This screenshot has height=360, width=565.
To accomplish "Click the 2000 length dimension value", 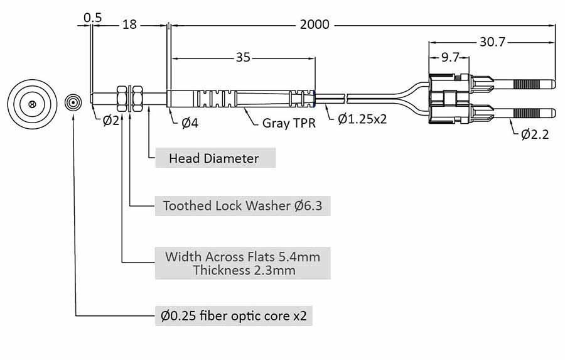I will pos(315,25).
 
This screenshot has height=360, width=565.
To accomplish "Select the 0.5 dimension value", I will pos(92,17).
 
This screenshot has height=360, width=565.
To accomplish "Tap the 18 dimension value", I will pos(129,25).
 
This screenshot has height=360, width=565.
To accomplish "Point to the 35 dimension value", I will pos(243,58).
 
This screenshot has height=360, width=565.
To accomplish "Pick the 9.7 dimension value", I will pos(449,58).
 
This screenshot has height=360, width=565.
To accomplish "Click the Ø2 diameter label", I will pos(110,121).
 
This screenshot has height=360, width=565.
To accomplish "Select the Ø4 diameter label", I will pos(190,123).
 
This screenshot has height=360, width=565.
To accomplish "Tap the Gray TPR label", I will pos(289,123).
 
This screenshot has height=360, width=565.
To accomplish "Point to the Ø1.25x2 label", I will pos(362,118).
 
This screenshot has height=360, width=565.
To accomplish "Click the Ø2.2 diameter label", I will pos(535,133).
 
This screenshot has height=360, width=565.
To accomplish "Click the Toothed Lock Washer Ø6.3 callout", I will pos(242,205).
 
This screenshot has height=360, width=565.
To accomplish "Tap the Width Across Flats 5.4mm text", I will pos(242,256).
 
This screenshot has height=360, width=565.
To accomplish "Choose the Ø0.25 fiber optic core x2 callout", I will pos(234,315).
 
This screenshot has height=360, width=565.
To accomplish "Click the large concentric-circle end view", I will pos(31,102).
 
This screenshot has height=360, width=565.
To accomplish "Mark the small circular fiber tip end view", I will pos(73,102).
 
